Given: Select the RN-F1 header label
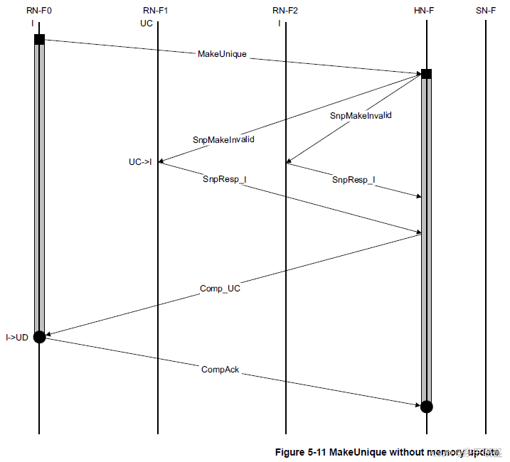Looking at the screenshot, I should (x=156, y=10).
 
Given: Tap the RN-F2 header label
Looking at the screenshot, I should (x=285, y=10).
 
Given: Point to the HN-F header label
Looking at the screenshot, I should (x=426, y=10).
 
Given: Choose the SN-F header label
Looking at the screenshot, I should (x=486, y=10).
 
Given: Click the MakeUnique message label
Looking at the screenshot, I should (x=222, y=55).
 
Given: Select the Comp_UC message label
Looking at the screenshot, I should (x=221, y=289).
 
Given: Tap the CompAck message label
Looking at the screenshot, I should (x=220, y=370).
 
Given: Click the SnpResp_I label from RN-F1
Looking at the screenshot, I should (x=224, y=179).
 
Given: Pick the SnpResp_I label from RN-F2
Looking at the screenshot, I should (x=354, y=181).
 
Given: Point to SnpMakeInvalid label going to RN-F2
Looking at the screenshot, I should (x=361, y=114).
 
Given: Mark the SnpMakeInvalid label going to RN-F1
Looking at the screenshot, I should (x=223, y=140).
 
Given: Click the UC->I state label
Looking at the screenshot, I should (x=140, y=162).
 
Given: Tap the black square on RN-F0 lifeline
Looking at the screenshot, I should (x=39, y=39).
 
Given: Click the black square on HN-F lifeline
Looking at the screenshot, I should (x=426, y=74).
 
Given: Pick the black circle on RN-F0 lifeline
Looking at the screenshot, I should (x=39, y=337).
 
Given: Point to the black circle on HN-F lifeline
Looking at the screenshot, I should (x=426, y=407).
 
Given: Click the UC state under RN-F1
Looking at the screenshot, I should (x=146, y=23).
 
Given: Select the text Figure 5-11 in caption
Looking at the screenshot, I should (x=299, y=452).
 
